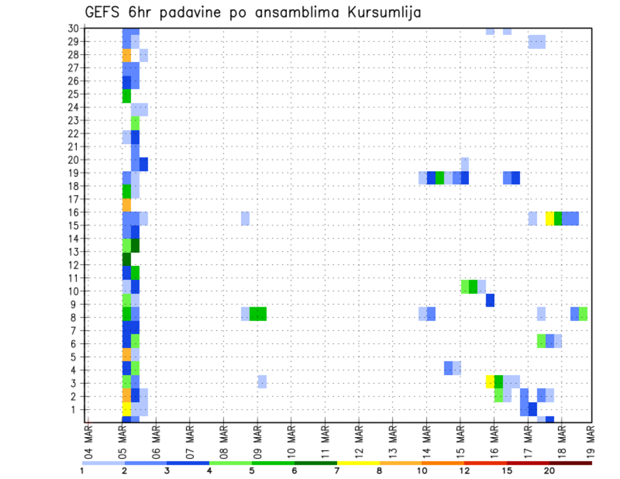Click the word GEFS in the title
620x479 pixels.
[104, 12]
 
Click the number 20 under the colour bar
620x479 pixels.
[549, 471]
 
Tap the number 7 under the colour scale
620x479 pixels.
[336, 471]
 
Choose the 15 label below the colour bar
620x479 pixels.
[506, 471]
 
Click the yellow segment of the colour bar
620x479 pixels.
[358, 463]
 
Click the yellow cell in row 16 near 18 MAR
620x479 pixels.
[550, 218]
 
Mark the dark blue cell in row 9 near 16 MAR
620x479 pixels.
[490, 300]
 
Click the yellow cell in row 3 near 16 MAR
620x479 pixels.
[490, 382]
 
